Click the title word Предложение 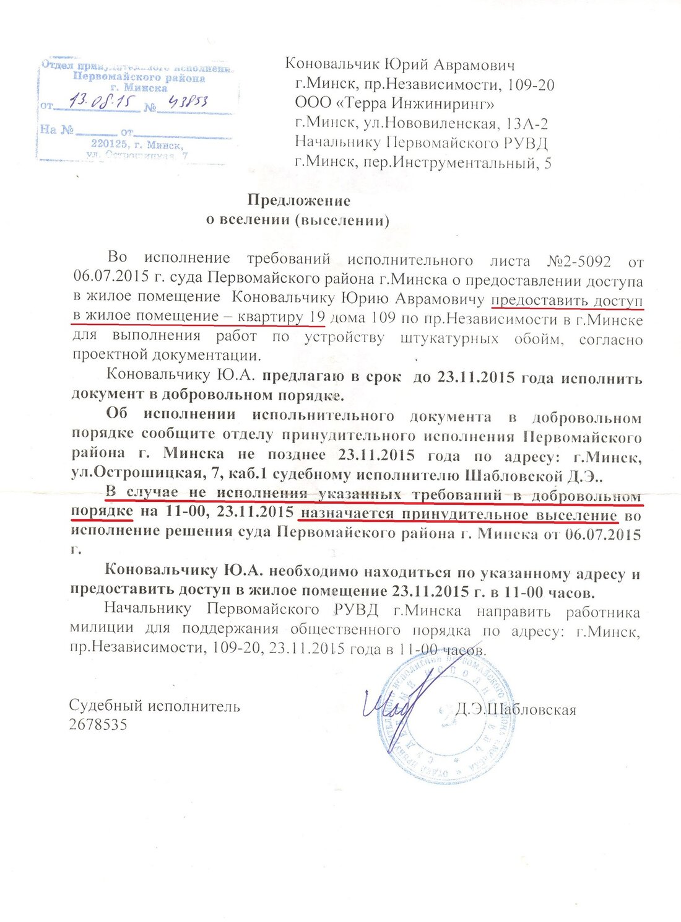(299, 201)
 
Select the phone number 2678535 (98, 724)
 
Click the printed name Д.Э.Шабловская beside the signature (515, 709)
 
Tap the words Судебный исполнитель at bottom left (154, 706)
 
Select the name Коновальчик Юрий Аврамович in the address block (399, 65)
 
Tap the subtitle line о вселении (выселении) (297, 221)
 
